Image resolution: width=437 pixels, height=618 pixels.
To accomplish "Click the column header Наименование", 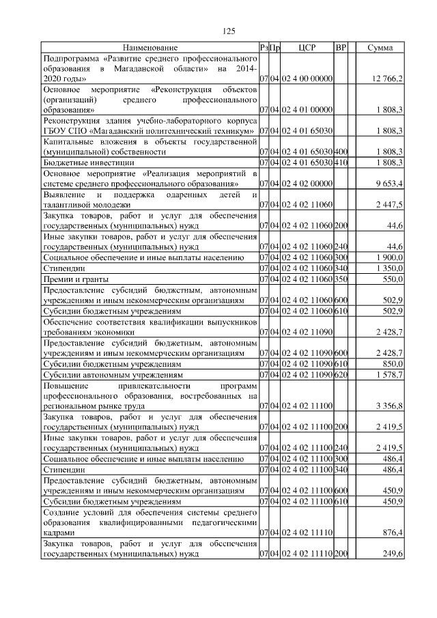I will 150,48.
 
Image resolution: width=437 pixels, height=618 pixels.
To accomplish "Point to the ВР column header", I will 341,48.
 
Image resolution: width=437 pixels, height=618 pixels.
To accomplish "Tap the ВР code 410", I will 341,163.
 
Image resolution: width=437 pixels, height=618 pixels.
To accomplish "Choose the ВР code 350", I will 341,280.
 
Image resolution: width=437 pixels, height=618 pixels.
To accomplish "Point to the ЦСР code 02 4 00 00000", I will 307,79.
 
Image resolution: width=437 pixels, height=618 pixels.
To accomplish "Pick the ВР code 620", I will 341,374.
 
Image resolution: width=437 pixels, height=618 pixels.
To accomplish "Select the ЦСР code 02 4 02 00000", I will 307,184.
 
